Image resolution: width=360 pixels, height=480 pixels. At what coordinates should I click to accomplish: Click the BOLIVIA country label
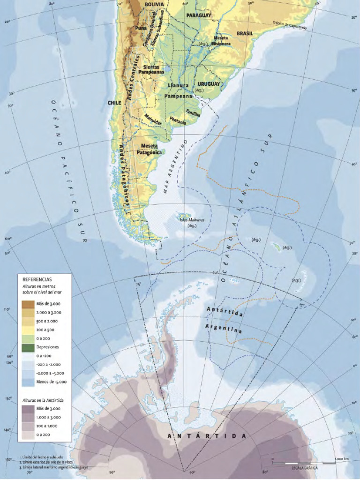coord(154,4)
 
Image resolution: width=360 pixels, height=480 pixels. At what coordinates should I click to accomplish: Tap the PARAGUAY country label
coord(199,15)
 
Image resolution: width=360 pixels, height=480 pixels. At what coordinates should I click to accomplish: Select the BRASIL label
coord(245,34)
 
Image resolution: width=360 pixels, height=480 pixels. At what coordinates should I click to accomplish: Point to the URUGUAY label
coord(208,84)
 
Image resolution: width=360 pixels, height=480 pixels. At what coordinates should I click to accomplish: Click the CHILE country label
coord(114,103)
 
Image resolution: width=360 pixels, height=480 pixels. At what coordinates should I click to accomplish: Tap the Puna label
coord(141,28)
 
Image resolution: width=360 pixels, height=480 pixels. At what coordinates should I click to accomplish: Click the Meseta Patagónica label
coord(149,149)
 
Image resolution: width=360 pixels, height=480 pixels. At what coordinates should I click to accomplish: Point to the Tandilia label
coord(193,113)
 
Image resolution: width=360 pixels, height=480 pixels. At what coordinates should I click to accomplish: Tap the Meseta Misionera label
coord(222,41)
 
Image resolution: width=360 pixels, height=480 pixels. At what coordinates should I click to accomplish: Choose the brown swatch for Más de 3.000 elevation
coord(29,304)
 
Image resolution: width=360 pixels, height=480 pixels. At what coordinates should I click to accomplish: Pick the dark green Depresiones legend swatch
coord(29,347)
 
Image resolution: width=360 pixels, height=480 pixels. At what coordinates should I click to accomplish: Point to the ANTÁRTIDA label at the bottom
coord(207,436)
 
